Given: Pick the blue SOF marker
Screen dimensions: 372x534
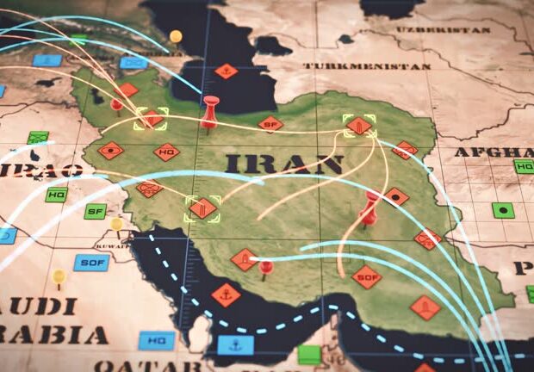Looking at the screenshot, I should click(x=90, y=262).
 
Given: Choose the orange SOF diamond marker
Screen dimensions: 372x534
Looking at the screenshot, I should click(x=366, y=276).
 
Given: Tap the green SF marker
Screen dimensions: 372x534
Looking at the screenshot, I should click(x=96, y=211).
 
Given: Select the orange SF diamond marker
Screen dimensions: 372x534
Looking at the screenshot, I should click(x=270, y=124).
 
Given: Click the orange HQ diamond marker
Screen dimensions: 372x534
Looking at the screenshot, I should click(x=167, y=152).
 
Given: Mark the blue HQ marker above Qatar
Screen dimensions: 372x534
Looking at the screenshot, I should click(x=157, y=340).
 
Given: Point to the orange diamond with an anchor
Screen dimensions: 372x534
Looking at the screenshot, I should click(x=226, y=294).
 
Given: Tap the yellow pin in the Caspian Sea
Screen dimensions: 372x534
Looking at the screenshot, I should click(x=176, y=36).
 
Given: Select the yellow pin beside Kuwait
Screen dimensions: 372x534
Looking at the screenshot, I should click(x=116, y=224).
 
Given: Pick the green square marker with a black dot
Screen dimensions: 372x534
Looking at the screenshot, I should click(x=503, y=209).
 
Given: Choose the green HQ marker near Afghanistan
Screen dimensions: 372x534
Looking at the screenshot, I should click(x=524, y=166).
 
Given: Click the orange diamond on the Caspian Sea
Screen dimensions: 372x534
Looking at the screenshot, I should click(x=226, y=71).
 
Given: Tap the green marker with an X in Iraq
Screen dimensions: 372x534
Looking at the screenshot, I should click(x=37, y=138).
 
